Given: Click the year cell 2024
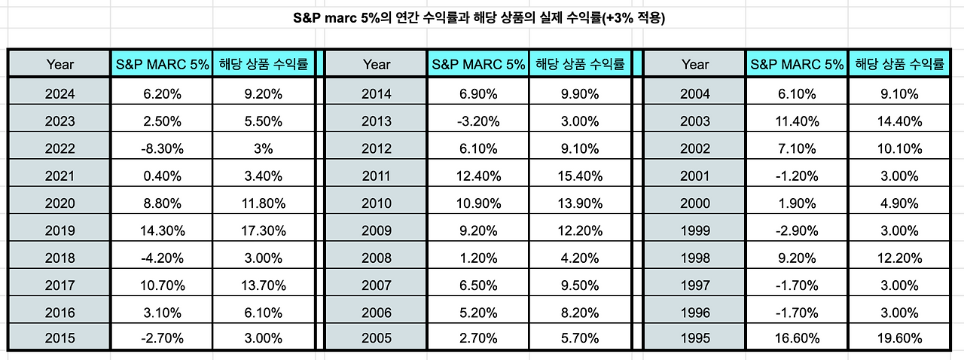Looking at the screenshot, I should tap(59, 94).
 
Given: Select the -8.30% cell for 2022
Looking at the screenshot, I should tap(162, 148).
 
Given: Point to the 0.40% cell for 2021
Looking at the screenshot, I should tap(162, 176).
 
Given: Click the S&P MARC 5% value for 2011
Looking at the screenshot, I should tap(478, 176).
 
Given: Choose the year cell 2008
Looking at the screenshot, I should tap(376, 258).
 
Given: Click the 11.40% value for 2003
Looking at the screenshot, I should tap(797, 121).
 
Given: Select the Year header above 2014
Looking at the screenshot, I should tap(376, 64).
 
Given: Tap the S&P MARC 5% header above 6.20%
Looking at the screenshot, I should tap(162, 64).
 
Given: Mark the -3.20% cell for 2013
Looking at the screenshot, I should tap(478, 121).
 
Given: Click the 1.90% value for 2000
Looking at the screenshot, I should tap(797, 203).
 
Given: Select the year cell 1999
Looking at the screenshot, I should tap(694, 230).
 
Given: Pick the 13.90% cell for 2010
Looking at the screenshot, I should tap(580, 203).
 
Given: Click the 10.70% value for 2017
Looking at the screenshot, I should tap(162, 285).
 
